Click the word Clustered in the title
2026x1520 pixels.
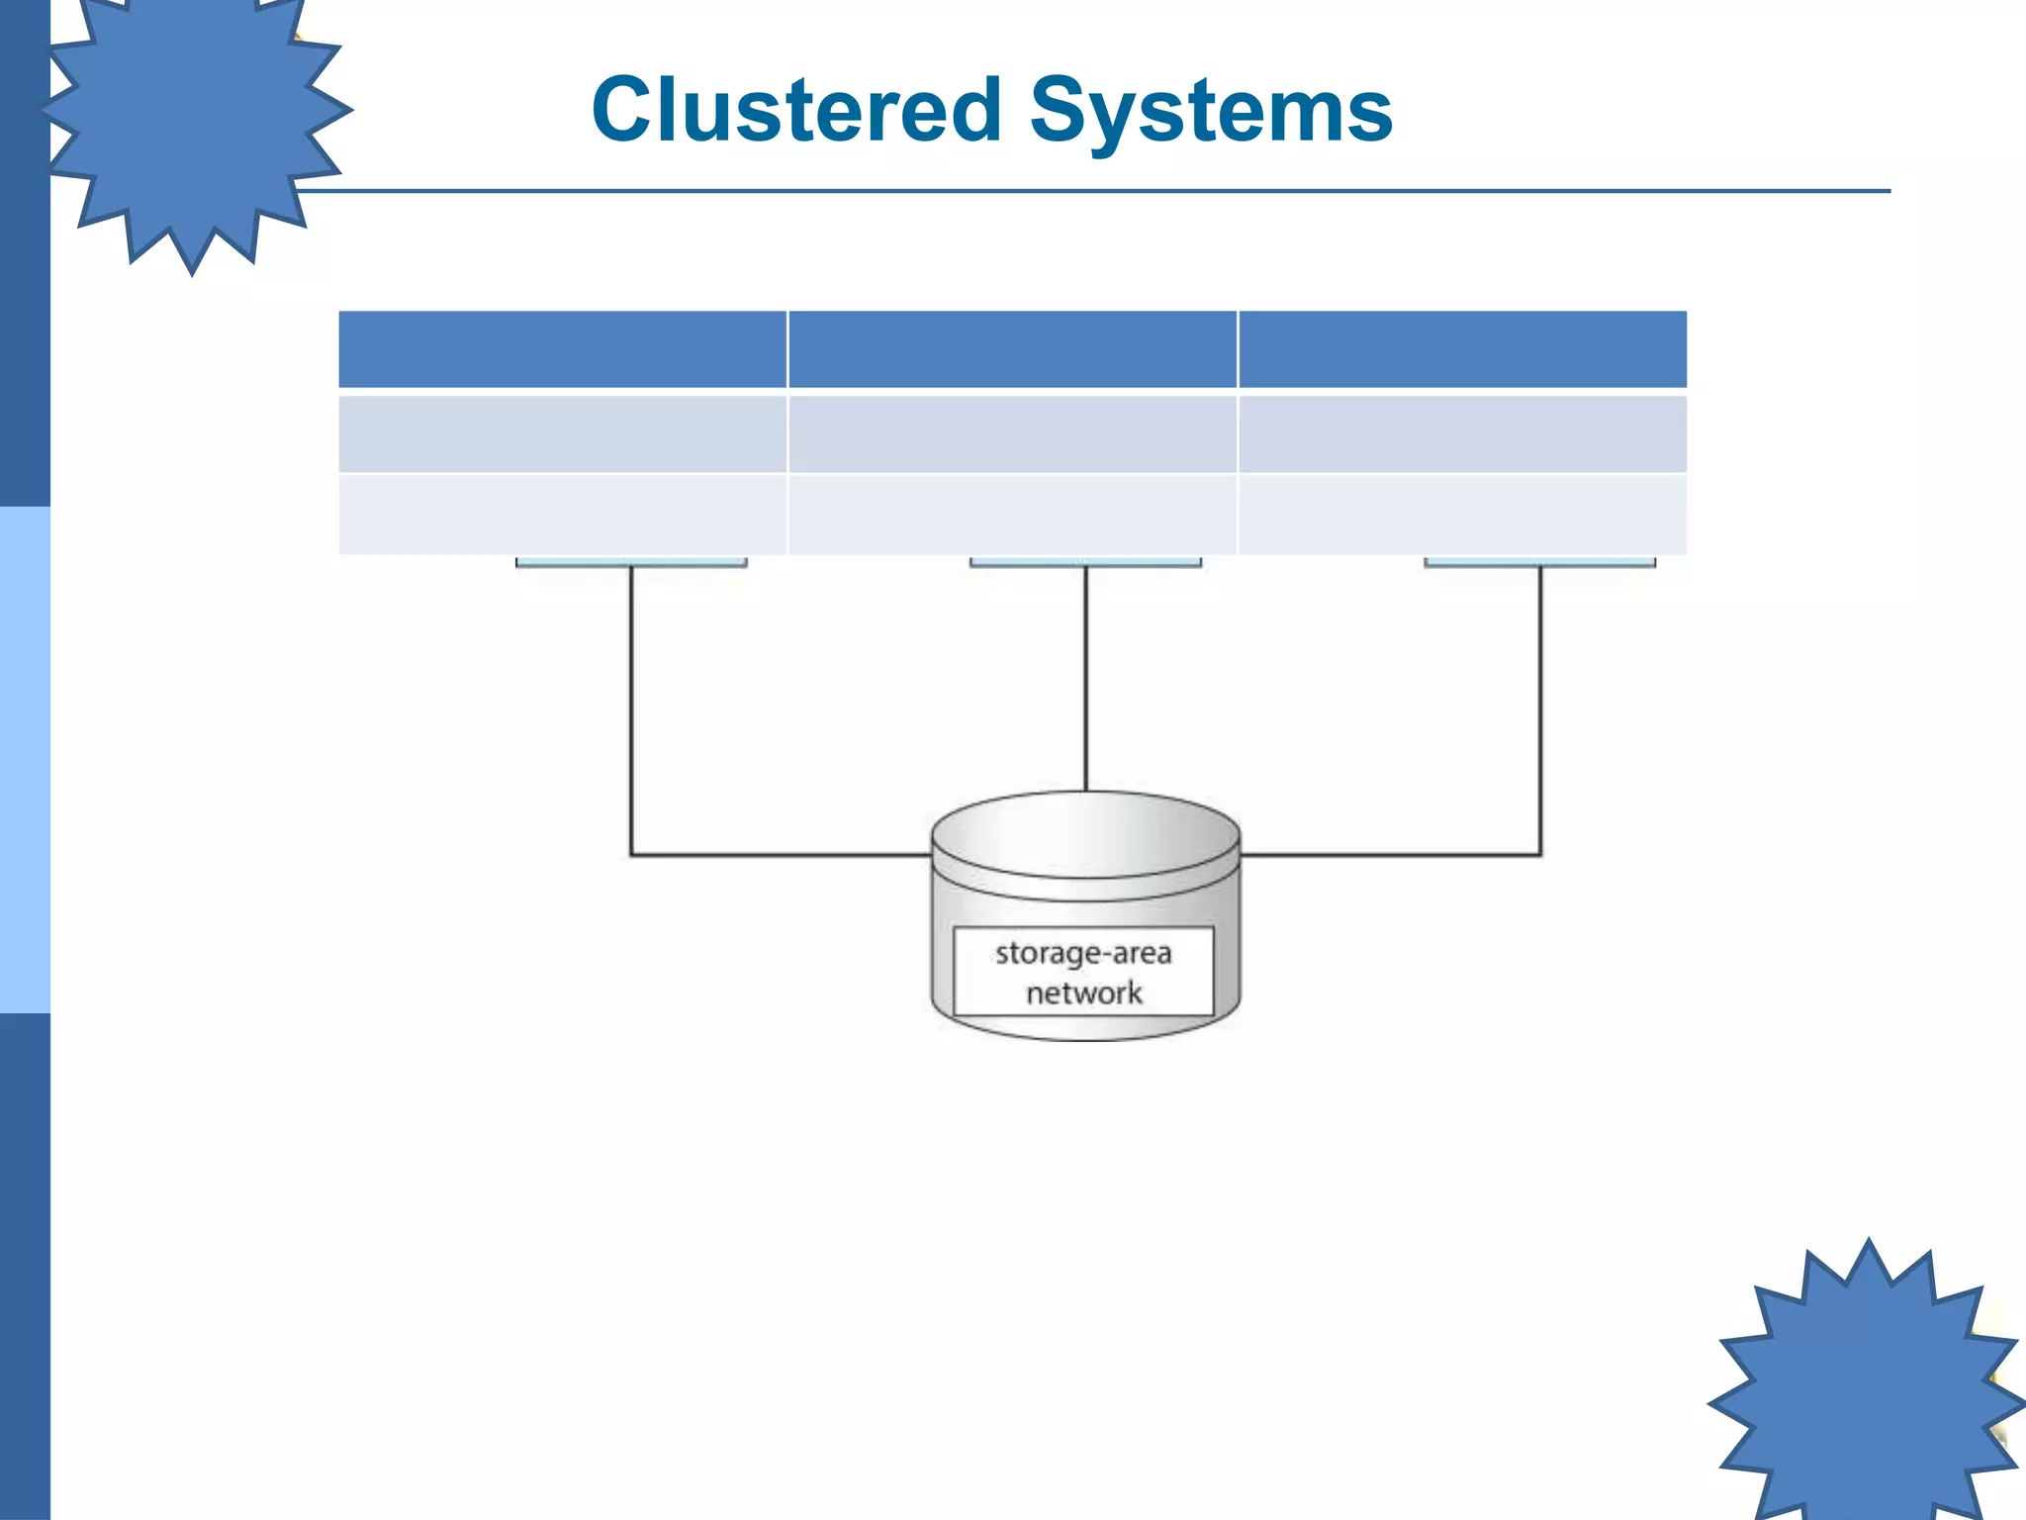pyautogui.click(x=796, y=110)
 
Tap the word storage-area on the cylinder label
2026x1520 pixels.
pyautogui.click(x=1083, y=953)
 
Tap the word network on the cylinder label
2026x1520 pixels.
pyautogui.click(x=1083, y=993)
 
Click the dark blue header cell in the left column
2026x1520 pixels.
pyautogui.click(x=562, y=349)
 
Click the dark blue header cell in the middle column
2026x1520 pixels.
pyautogui.click(x=1012, y=349)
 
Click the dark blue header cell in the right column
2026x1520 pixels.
pyautogui.click(x=1462, y=349)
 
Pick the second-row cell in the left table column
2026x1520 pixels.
pyautogui.click(x=562, y=433)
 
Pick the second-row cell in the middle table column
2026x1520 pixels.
pyautogui.click(x=1012, y=433)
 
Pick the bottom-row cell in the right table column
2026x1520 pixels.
pyautogui.click(x=1462, y=515)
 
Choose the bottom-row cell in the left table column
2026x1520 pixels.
pyautogui.click(x=562, y=515)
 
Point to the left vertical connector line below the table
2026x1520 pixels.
pyautogui.click(x=631, y=703)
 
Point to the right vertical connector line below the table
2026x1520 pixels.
pyautogui.click(x=1540, y=703)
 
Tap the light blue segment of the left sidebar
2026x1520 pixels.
pyautogui.click(x=25, y=760)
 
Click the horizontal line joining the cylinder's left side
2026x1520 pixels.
pyautogui.click(x=782, y=854)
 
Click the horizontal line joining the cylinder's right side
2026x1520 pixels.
pyautogui.click(x=1390, y=854)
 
